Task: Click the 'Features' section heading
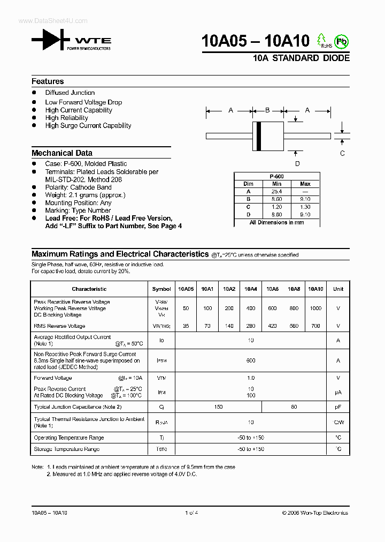click(48, 81)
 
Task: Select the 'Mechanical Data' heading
click(62, 153)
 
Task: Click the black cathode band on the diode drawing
click(259, 136)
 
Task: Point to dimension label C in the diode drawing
click(342, 153)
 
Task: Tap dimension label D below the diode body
click(297, 164)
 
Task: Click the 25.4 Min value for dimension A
click(276, 191)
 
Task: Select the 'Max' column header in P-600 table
click(305, 184)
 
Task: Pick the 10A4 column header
click(251, 289)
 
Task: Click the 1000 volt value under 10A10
click(315, 308)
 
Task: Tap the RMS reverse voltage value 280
click(251, 326)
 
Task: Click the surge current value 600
click(251, 361)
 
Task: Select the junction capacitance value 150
click(218, 407)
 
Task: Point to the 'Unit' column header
click(338, 289)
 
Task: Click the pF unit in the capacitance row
click(338, 407)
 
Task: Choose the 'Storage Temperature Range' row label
click(67, 449)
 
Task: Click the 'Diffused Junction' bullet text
click(70, 93)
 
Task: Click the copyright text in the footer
click(315, 513)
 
